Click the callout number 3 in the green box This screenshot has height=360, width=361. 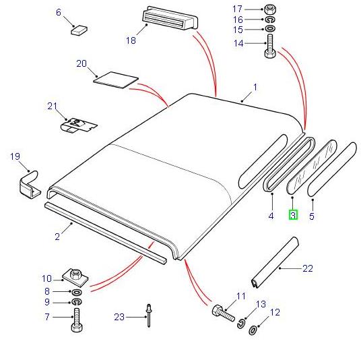293,215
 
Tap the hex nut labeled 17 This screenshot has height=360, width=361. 269,9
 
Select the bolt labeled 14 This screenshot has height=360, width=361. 270,47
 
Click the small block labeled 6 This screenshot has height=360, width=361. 79,30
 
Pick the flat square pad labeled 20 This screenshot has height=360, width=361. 116,80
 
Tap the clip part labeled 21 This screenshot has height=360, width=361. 79,125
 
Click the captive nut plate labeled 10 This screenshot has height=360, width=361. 75,277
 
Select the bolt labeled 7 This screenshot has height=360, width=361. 77,320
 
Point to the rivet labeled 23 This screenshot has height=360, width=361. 149,316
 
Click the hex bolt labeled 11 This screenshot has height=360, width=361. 223,313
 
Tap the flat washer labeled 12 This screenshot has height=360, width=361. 253,330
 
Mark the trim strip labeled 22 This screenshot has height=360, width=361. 275,263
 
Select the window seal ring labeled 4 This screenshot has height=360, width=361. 289,164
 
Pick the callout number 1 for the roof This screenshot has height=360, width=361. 255,88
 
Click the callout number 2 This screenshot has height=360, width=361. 57,237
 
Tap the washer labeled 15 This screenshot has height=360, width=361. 270,29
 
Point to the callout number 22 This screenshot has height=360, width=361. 308,268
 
